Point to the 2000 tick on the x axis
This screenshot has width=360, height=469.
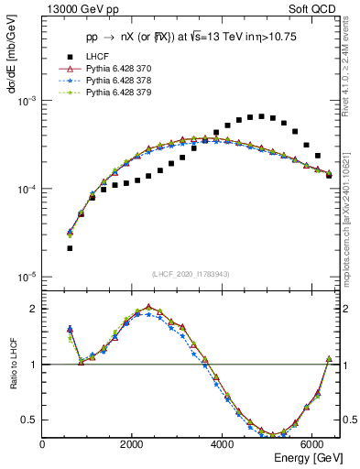tap(133, 444)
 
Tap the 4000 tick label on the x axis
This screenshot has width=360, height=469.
tap(223, 444)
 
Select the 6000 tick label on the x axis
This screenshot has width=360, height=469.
tap(312, 444)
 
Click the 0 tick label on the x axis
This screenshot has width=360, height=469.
tap(43, 444)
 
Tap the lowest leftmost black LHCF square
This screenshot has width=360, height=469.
tap(70, 248)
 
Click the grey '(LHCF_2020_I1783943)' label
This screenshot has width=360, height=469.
tap(191, 274)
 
